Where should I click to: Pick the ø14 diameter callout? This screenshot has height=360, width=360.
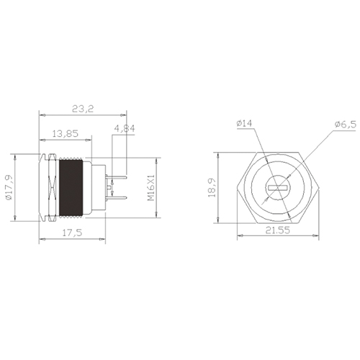point(243,125)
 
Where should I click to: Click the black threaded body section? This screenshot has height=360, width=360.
point(71,189)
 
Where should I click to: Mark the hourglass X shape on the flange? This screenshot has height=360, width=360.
point(51,188)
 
